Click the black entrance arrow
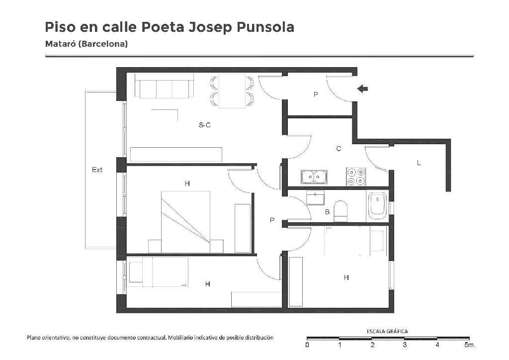(362, 89)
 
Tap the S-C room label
(204, 125)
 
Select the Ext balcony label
(97, 170)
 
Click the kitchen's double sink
(314, 177)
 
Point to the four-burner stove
(356, 177)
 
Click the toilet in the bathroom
(340, 211)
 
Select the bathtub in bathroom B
(378, 206)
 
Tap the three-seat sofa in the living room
(164, 86)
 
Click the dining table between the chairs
(232, 91)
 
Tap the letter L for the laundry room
(419, 163)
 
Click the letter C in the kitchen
(339, 149)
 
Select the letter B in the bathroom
(327, 212)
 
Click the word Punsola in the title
(265, 27)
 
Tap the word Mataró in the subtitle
(60, 44)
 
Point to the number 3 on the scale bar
(405, 345)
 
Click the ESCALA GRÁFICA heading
(387, 332)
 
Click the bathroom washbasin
(315, 198)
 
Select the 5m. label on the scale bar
(470, 345)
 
